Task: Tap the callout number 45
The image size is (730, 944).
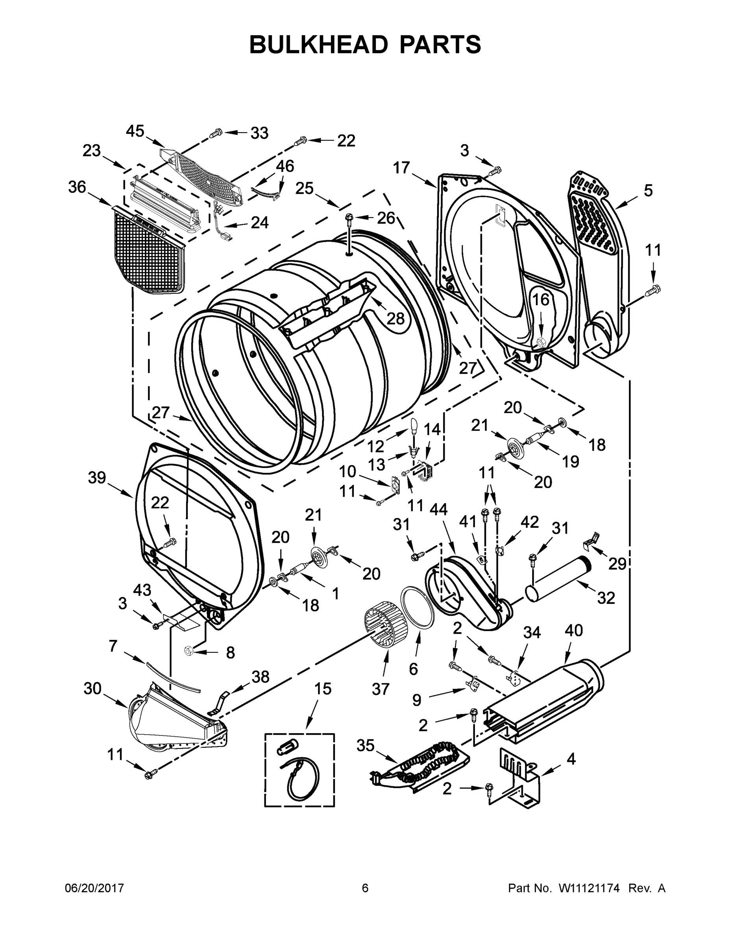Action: coord(135,131)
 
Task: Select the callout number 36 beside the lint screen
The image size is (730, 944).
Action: coord(78,187)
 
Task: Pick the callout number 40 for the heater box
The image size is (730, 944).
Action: coord(573,630)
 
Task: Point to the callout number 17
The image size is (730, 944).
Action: coord(401,168)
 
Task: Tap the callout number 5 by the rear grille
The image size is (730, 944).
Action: coord(648,190)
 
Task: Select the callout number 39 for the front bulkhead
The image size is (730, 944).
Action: coord(97,478)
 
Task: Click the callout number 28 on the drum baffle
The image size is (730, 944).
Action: coord(395,319)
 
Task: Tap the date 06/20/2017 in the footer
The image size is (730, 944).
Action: coord(94,888)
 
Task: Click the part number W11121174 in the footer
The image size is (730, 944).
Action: coord(590,888)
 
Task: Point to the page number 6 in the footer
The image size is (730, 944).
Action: coord(365,888)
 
